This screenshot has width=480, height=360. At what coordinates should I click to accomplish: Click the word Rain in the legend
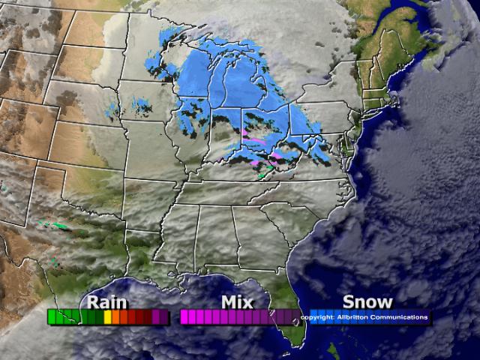click(x=107, y=302)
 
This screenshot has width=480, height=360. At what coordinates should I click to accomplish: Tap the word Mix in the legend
click(x=236, y=302)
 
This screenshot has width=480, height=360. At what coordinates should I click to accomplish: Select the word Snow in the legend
click(x=367, y=302)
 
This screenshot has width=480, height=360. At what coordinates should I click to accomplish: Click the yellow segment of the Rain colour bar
click(x=107, y=317)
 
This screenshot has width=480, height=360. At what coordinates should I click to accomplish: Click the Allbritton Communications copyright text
click(x=365, y=317)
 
